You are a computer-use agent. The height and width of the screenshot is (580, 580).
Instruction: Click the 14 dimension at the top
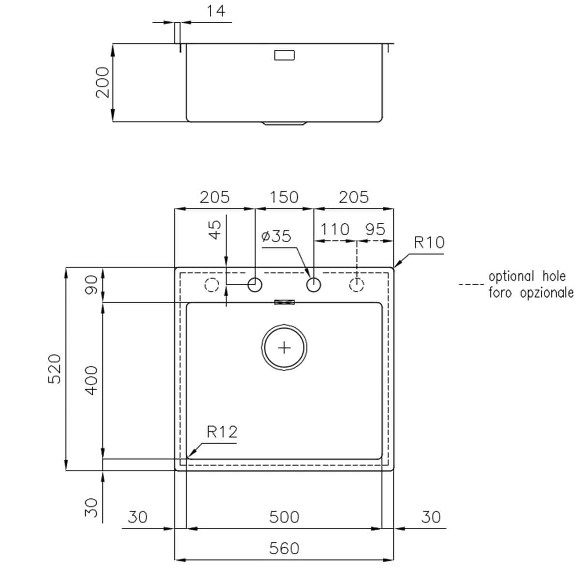point(216,11)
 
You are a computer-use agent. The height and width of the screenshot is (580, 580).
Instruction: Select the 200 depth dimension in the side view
point(103,82)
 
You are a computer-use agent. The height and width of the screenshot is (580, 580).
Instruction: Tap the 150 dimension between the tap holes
point(284,197)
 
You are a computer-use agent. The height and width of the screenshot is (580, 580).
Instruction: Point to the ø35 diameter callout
point(276,236)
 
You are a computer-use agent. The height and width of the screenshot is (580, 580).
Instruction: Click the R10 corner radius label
point(429,242)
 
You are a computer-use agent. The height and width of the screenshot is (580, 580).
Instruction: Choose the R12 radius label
point(222,432)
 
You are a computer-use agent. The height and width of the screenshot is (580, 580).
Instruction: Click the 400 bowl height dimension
point(91,380)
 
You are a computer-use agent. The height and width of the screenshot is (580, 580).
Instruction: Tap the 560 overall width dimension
point(284,549)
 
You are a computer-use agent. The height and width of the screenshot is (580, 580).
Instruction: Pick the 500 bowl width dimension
point(284,517)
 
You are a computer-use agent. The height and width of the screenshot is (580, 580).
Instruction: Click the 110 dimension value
point(334,229)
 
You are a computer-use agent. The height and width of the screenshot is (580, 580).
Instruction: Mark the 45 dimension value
point(215,229)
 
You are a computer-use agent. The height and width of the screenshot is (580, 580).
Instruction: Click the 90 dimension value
point(91,285)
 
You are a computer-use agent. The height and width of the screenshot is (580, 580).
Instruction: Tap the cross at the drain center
point(284,348)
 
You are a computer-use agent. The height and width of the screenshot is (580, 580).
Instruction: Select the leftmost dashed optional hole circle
point(212,285)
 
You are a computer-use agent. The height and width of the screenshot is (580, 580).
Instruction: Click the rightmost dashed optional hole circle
point(356,285)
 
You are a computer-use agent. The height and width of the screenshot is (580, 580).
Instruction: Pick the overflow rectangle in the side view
point(284,55)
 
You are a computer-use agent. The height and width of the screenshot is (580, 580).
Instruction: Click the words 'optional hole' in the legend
point(527,276)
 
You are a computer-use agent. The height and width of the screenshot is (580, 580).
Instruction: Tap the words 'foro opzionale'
point(531,292)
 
